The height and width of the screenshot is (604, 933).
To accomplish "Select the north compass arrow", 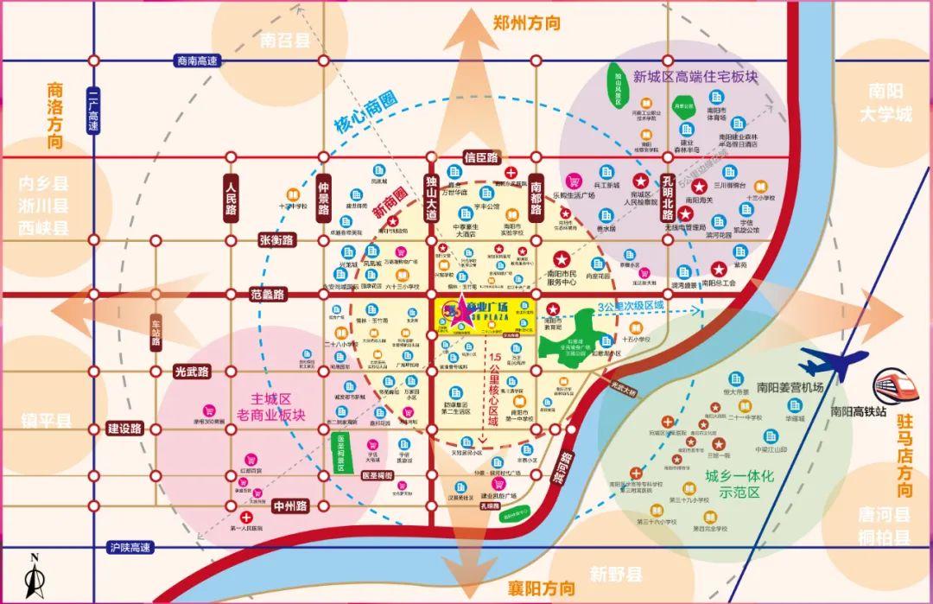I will coord(32,577).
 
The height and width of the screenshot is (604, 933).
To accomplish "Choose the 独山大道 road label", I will coord(431,201).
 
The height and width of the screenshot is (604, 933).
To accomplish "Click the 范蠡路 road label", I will coord(268,295).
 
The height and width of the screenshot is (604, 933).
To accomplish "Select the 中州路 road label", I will coord(290,506).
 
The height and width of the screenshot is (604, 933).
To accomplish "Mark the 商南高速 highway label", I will coord(198,60).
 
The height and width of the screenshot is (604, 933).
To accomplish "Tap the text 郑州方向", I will coord(526,22).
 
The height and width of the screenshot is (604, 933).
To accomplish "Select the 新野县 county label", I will coord(616,574).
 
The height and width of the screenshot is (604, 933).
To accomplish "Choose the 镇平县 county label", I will coord(47,422).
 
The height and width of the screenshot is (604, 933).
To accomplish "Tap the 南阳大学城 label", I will coord(885,103).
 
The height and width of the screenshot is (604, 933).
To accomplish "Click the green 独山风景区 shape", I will coord(619,86).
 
